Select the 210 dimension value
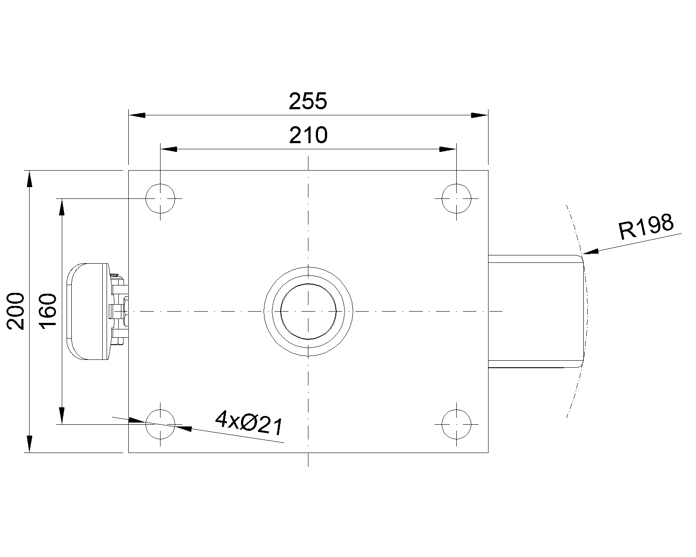pyautogui.click(x=308, y=135)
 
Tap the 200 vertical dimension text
pyautogui.click(x=16, y=311)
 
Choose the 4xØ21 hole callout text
pyautogui.click(x=249, y=423)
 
